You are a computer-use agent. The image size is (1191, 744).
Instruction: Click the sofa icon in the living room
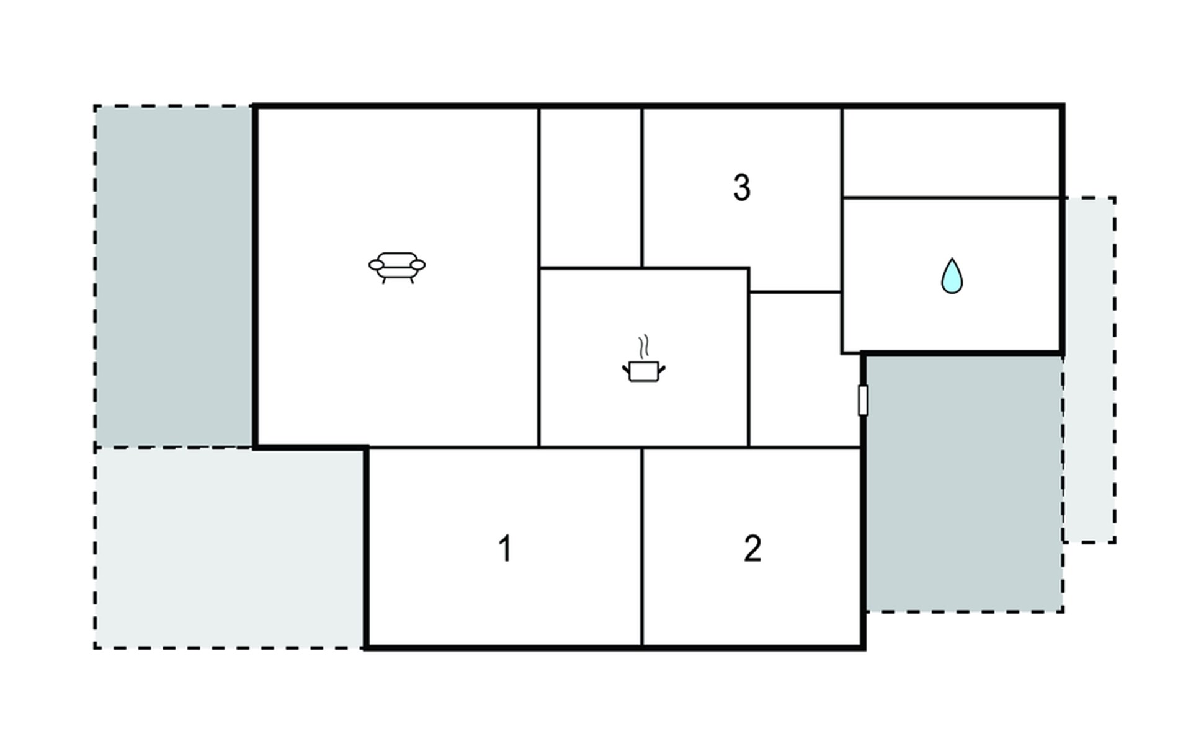pyautogui.click(x=397, y=267)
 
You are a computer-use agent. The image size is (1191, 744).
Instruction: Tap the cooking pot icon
pyautogui.click(x=643, y=371)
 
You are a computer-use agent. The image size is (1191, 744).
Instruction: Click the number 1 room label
pyautogui.click(x=506, y=549)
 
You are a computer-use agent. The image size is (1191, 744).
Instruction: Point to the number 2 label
pyautogui.click(x=752, y=549)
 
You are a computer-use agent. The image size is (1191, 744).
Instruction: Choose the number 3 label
pyautogui.click(x=742, y=187)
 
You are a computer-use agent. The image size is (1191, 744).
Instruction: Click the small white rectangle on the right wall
pyautogui.click(x=862, y=400)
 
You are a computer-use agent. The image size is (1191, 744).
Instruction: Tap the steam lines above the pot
pyautogui.click(x=645, y=346)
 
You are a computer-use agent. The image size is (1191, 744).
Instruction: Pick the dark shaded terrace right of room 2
pyautogui.click(x=963, y=484)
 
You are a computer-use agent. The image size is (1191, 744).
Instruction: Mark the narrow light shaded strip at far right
pyautogui.click(x=1090, y=372)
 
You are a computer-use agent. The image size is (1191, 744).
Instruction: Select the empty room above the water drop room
pyautogui.click(x=952, y=153)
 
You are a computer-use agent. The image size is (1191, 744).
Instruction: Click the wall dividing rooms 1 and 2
pyautogui.click(x=642, y=546)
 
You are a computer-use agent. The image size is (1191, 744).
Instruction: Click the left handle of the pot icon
pyautogui.click(x=626, y=370)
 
